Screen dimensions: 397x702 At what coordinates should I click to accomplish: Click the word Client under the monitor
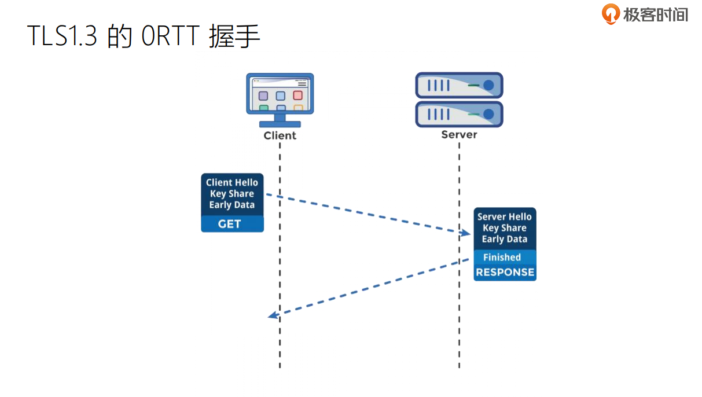tap(280, 135)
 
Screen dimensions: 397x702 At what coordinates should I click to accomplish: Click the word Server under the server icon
tap(459, 134)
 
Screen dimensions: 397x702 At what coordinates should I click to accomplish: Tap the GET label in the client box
tap(230, 224)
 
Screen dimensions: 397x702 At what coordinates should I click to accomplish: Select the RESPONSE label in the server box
tap(505, 272)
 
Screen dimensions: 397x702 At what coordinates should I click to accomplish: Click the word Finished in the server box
tap(502, 258)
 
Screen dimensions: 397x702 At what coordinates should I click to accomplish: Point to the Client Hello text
tap(232, 182)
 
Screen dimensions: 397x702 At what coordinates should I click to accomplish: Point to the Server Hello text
tap(505, 217)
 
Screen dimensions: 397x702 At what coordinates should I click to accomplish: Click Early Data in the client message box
tap(232, 205)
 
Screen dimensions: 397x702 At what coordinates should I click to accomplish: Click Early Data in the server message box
tap(505, 239)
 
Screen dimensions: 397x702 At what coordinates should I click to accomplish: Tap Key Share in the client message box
tap(232, 194)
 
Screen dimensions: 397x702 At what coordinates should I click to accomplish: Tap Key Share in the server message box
tap(505, 228)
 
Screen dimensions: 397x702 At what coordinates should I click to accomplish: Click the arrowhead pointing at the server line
tap(466, 233)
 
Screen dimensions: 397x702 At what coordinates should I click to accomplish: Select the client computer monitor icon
tap(280, 97)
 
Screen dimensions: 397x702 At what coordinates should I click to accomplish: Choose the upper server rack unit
tap(459, 85)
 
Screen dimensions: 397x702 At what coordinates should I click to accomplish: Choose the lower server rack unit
tap(459, 114)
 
